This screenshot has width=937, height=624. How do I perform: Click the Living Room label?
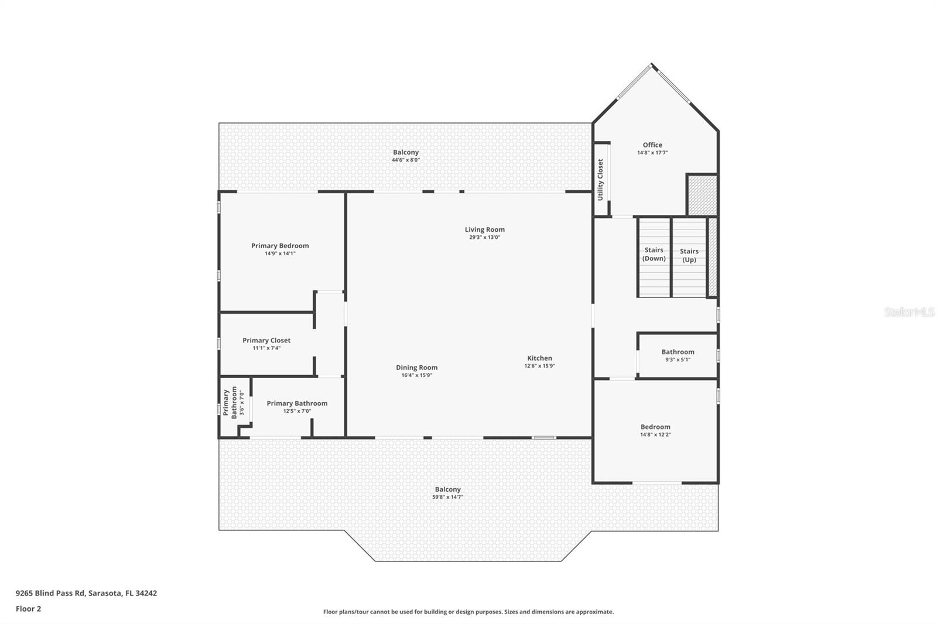tap(484, 229)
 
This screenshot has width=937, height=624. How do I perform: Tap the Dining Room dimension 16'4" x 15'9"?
tap(416, 375)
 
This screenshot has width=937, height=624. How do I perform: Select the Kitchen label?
tap(539, 358)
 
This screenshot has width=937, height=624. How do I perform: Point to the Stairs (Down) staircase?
tap(654, 257)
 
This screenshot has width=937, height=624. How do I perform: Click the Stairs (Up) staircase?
tap(689, 257)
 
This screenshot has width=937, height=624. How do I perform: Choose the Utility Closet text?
tap(600, 180)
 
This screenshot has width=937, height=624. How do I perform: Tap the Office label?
tap(652, 145)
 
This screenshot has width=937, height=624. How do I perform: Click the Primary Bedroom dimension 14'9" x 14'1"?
tap(280, 253)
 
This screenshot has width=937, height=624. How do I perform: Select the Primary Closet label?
tap(266, 341)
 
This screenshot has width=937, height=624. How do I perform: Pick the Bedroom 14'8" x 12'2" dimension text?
tap(655, 434)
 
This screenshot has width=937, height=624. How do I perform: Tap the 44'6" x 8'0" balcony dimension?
tap(405, 160)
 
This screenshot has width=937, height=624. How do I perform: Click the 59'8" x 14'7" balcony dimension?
tap(447, 497)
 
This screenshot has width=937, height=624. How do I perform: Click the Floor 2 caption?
tap(29, 609)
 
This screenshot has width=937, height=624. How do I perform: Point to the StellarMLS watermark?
tap(909, 312)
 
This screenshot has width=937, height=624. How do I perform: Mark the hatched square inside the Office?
tap(702, 195)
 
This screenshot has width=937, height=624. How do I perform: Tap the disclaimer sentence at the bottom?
tap(468, 612)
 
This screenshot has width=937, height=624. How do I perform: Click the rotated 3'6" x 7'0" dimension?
tap(242, 402)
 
